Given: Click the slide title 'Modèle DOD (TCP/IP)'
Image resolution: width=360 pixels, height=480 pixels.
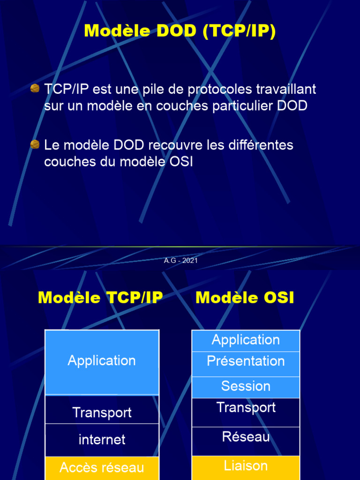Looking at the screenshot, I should coord(180,31).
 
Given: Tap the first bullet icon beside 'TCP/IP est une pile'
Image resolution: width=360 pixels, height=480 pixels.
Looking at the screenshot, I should coord(35,89).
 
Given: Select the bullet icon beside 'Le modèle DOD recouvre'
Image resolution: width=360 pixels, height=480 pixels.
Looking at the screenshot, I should coord(35,144).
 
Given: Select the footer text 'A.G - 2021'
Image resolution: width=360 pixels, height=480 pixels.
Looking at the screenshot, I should coord(180,261).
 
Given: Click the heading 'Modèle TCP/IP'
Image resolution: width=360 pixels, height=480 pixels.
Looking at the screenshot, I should coord(100,298).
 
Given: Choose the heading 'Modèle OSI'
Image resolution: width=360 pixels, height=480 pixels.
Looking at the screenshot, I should coord(245,298).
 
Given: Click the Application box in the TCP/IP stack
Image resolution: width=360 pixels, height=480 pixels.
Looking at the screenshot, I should coord(102,361).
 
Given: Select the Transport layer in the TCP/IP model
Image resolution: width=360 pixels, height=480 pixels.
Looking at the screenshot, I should coord(102,412).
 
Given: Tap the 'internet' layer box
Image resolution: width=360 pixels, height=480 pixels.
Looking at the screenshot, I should coord(102,440).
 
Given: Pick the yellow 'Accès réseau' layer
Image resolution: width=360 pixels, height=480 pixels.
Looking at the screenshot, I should coord(102,467).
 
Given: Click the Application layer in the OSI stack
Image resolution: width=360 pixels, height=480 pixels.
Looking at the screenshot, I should coord(246,340).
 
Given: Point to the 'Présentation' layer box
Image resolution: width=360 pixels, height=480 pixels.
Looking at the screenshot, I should coord(246,362).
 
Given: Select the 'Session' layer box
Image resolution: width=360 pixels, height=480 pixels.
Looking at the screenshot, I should coord(246,387).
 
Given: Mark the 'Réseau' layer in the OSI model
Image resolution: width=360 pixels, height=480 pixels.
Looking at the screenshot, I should coord(246,437).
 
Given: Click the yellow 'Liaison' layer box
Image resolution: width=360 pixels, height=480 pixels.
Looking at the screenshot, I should coord(246,466).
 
